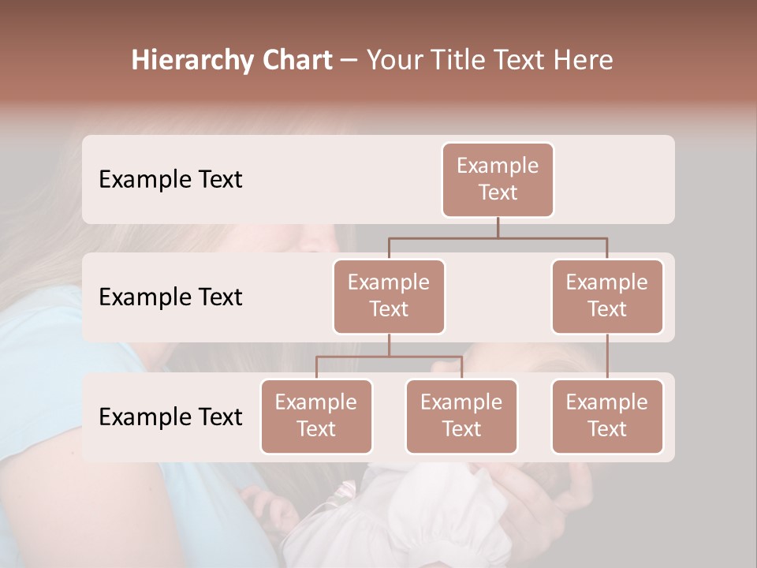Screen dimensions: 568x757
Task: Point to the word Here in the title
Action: click(584, 61)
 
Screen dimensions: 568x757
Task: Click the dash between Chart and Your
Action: click(349, 61)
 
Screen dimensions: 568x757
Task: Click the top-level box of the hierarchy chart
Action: click(498, 179)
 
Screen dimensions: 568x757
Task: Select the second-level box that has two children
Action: click(389, 296)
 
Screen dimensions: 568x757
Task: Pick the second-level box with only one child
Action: click(607, 296)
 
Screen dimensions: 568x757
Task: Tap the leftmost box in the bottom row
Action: click(316, 416)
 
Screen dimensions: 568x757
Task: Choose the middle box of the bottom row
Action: click(461, 416)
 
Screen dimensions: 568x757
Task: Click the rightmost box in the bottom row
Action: click(607, 416)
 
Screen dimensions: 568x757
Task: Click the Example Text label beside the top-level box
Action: click(170, 179)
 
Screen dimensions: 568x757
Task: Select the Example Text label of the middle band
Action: click(170, 297)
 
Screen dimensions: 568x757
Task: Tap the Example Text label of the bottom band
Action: click(170, 417)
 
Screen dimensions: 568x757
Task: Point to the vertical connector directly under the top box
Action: click(498, 227)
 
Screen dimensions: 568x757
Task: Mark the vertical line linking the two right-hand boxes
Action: click(607, 356)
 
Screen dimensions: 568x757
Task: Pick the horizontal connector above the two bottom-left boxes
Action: click(389, 357)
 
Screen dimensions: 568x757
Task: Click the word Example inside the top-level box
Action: click(498, 166)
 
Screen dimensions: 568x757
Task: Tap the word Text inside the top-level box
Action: click(498, 192)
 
